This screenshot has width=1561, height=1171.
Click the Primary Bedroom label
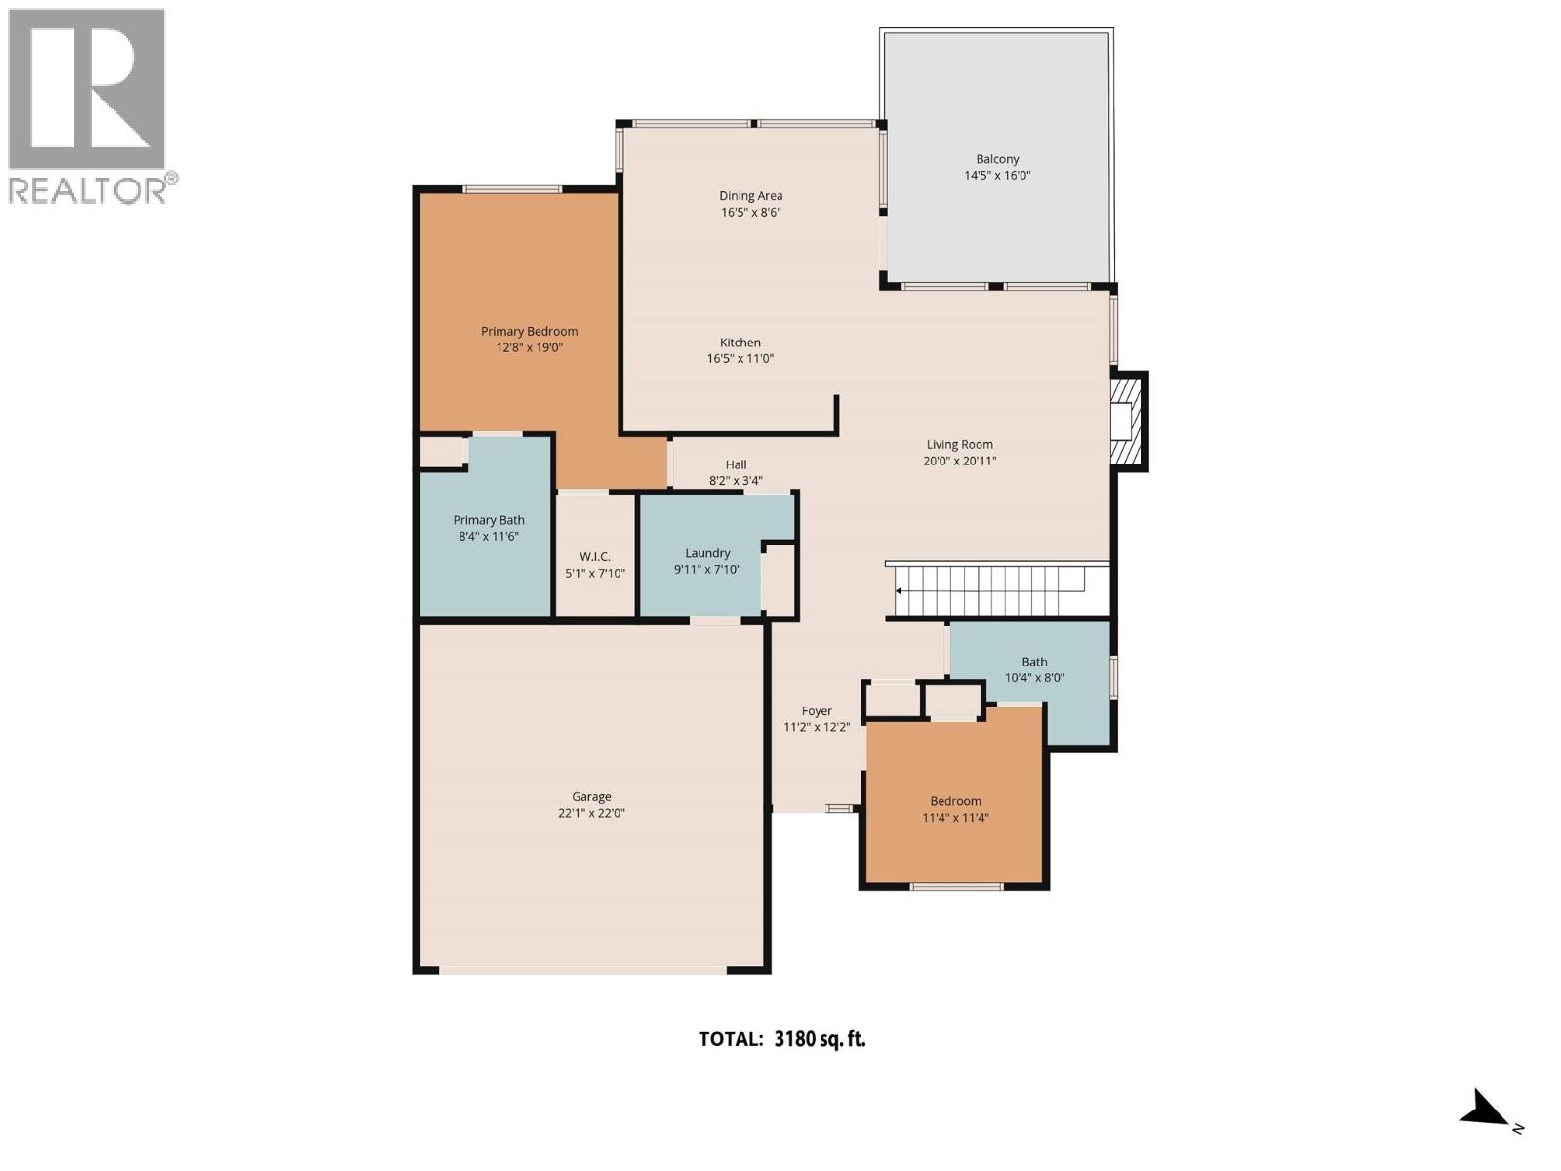tap(529, 331)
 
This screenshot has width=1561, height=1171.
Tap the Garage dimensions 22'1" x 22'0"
tap(591, 813)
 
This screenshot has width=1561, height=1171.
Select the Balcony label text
tap(997, 159)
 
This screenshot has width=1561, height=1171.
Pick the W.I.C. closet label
tap(594, 556)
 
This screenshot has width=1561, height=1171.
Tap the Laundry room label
tap(707, 553)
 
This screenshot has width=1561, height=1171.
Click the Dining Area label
tap(750, 196)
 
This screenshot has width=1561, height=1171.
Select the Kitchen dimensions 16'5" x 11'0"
tap(740, 359)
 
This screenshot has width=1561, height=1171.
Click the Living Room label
tap(959, 444)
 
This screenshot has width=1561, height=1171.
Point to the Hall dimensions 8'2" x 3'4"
tap(736, 481)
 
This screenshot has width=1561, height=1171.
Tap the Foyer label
tap(817, 711)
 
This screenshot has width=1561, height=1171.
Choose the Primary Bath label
tap(488, 520)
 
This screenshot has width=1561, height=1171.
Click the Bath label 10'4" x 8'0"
tap(1034, 669)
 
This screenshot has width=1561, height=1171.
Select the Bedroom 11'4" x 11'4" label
tap(955, 809)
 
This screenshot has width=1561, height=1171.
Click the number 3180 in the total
tap(793, 1039)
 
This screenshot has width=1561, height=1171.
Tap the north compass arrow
tap(1486, 1110)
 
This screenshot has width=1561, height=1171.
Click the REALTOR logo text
tap(88, 189)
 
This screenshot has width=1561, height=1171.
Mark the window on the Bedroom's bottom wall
tap(956, 886)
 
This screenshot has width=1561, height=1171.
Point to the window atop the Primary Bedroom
tap(512, 189)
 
